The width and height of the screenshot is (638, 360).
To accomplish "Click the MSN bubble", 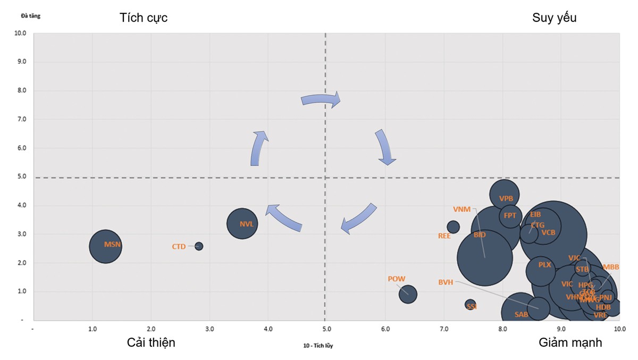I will tap(105, 246).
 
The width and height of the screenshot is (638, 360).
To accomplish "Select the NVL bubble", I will tap(242, 223).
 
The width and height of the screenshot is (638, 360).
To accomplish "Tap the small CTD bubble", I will tap(199, 246).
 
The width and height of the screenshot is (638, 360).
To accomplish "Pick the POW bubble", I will tap(408, 294).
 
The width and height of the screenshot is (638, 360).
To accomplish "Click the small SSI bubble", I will tap(470, 305).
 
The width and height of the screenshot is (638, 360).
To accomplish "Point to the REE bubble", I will tap(453, 227).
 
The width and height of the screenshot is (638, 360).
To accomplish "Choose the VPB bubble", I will tap(505, 196).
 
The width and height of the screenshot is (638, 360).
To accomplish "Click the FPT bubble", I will tap(510, 216).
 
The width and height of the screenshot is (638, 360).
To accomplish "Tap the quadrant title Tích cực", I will tap(144, 18).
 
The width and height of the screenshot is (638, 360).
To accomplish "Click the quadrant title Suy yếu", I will tap(555, 18).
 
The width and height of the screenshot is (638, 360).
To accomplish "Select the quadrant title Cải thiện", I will tap(151, 342).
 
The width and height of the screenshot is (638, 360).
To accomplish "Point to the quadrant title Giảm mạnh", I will tap(570, 342).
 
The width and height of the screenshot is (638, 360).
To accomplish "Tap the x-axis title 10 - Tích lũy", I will tap(318, 346).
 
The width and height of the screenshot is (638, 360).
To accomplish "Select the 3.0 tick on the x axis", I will tap(209, 330).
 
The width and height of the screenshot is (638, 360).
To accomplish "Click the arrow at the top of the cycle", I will tap(320, 99).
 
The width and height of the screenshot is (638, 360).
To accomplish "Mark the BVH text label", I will tap(446, 282).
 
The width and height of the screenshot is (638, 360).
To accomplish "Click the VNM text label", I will tap(461, 209).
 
